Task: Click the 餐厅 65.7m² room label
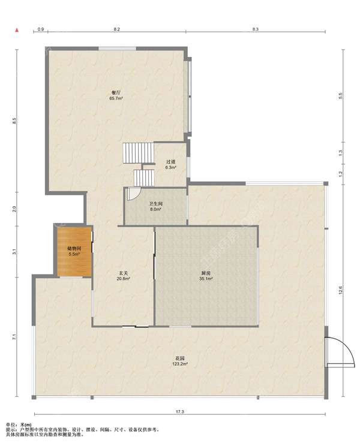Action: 116,95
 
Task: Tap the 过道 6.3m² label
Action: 171,165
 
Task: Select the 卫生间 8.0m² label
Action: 156,206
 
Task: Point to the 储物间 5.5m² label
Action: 74,251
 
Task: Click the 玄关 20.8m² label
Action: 123,276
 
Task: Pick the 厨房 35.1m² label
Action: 206,276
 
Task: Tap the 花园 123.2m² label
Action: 179,361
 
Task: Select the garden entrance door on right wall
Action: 340,352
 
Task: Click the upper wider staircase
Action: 139,153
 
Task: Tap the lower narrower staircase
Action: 144,178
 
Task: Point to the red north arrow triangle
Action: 17,29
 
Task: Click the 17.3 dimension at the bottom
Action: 179,411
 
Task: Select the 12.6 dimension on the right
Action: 341,290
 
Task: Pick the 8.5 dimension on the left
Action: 14,120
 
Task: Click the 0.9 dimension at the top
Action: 41,29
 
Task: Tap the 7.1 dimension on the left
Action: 14,337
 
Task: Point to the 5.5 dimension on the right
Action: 341,96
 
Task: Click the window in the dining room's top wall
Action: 117,49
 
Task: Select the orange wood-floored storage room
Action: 74,251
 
